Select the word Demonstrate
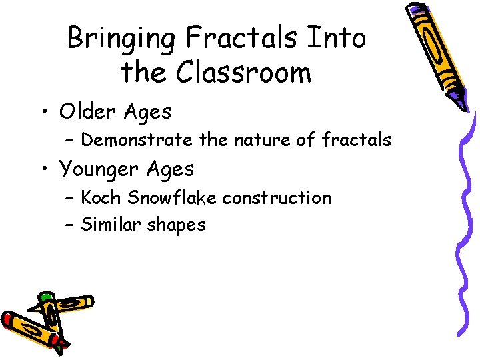point(138,140)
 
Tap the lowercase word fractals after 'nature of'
point(356,140)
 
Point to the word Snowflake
point(173,198)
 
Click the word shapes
point(177,225)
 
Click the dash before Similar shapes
point(69,225)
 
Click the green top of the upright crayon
point(46,297)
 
